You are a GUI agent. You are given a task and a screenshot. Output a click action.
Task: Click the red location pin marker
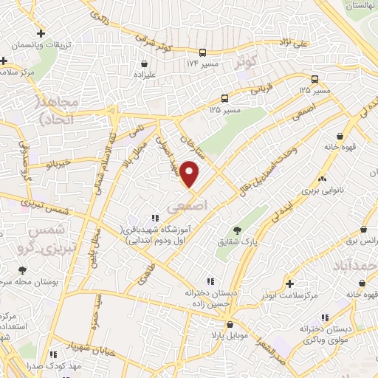tap(190, 174)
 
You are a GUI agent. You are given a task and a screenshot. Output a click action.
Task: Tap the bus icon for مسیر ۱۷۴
tap(202, 52)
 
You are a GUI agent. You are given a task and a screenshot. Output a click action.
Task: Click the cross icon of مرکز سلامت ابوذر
tap(289, 283)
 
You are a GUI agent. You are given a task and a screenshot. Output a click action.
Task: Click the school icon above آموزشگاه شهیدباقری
tap(154, 218)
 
